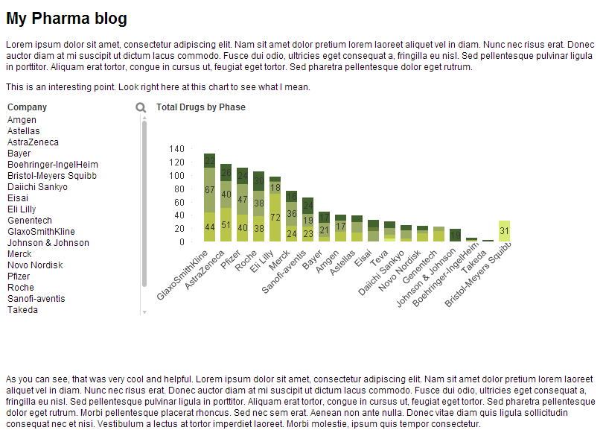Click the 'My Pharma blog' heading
tap(66, 18)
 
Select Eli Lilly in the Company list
tap(22, 209)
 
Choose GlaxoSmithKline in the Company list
tap(41, 231)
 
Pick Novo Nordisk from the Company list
tap(35, 265)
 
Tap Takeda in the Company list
tap(22, 310)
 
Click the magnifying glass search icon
tap(141, 107)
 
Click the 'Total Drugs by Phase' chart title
tap(200, 107)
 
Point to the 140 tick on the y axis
tap(176, 148)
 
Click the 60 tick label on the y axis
tap(179, 203)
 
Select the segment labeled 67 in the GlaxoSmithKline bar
tap(209, 190)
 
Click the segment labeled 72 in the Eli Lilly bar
tap(275, 218)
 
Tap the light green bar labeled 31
tap(504, 231)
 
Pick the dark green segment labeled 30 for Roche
tap(258, 181)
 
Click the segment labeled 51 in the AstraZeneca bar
tap(226, 224)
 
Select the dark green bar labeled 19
tap(456, 235)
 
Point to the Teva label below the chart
tap(379, 258)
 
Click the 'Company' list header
tap(27, 107)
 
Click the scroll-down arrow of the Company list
tap(144, 312)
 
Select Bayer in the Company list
tap(19, 154)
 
